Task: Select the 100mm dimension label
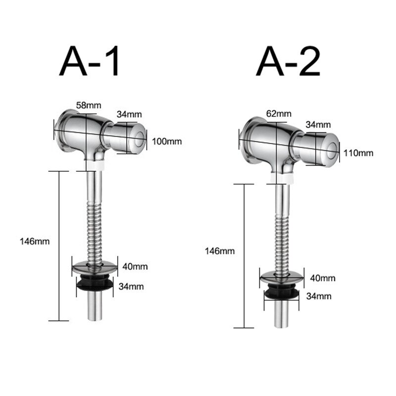(167, 142)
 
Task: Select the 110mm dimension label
(359, 152)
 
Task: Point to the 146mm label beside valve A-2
(219, 250)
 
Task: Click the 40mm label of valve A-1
(135, 266)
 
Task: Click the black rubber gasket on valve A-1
(95, 284)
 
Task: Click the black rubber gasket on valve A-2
(282, 294)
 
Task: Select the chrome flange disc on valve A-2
(282, 278)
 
